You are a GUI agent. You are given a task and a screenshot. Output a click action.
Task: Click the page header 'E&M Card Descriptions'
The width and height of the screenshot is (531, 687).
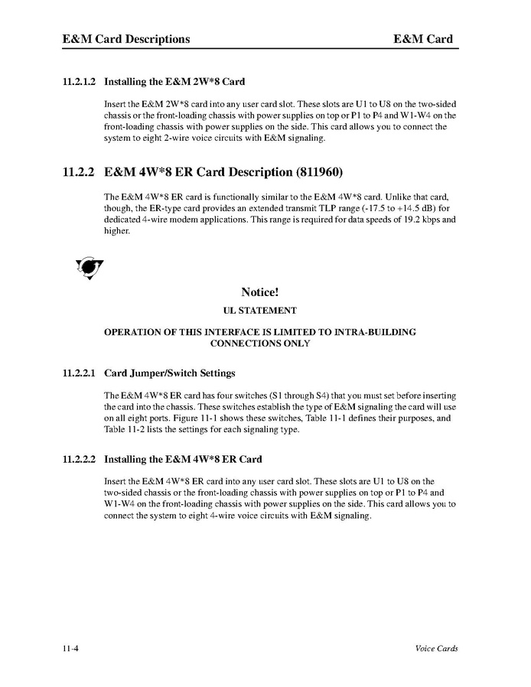126,39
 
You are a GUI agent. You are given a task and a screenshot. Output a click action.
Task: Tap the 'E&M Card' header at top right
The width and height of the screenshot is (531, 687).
423,39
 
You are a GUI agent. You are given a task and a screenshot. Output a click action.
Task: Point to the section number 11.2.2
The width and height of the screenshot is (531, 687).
79,173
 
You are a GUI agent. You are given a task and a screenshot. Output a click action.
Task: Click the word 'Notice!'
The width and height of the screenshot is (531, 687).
265,292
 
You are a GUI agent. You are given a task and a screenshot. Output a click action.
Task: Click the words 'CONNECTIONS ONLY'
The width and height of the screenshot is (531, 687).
260,343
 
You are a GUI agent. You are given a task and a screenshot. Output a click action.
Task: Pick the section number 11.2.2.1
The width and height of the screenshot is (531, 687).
79,374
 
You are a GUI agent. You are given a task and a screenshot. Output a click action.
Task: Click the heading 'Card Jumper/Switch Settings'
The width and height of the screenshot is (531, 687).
170,374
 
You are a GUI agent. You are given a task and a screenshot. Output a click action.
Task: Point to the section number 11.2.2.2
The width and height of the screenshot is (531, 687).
79,460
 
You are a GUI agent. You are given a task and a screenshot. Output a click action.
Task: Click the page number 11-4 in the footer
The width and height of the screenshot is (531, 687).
72,649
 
